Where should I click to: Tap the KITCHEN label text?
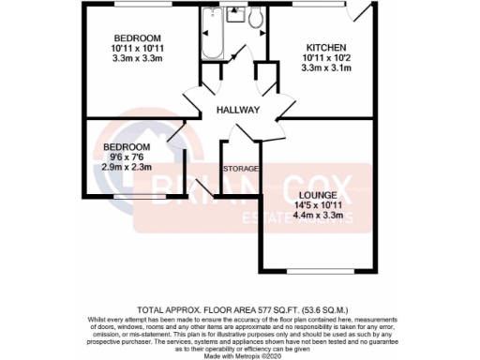click(x=327, y=48)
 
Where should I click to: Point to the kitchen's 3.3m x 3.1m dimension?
click(x=327, y=68)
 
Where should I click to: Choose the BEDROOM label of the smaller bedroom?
click(x=127, y=147)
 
